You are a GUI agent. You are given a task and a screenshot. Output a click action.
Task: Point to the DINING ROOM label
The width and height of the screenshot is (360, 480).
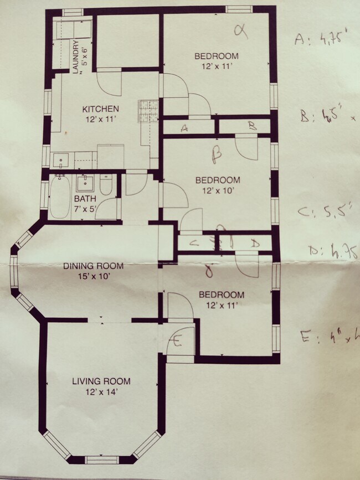click(93, 266)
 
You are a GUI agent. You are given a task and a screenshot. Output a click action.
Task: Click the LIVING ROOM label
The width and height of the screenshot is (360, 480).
click(101, 381)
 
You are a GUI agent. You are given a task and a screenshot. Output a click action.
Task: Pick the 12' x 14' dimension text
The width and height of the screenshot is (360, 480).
click(101, 391)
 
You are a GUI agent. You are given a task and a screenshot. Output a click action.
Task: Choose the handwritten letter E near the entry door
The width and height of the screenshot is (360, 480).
click(177, 342)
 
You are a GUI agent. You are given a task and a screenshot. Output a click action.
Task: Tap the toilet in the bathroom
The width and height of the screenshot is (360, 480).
click(107, 184)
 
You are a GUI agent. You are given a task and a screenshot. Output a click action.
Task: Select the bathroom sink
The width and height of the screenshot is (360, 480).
click(85, 182)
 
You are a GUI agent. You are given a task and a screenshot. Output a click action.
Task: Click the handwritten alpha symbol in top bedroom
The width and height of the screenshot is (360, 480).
click(240, 31)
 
